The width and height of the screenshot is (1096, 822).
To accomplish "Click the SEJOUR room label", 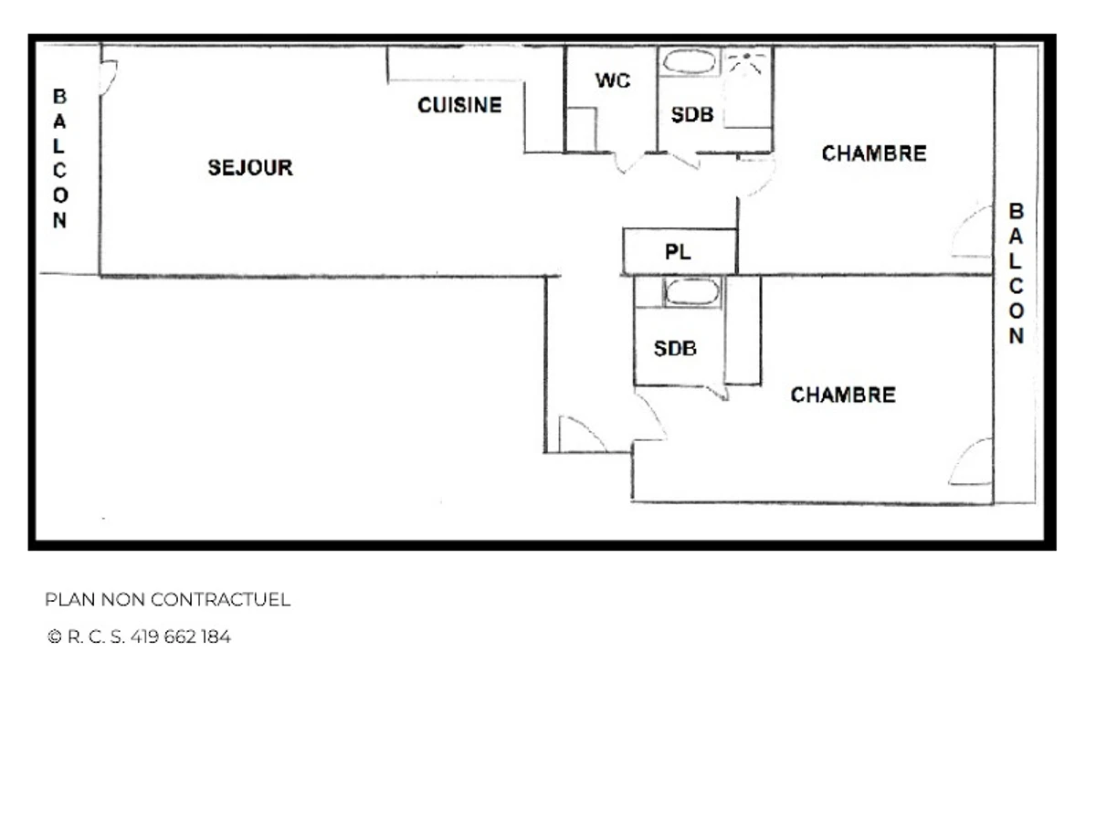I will (x=250, y=168).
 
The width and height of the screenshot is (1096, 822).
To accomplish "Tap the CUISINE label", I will (x=459, y=106).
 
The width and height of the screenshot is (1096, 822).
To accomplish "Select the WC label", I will (x=612, y=80).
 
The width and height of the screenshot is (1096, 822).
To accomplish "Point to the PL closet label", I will (x=678, y=252).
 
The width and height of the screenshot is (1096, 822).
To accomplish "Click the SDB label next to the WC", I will (x=691, y=115).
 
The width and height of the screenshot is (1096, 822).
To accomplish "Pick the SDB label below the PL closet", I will (x=675, y=349).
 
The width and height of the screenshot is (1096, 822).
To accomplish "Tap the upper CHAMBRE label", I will (x=874, y=153).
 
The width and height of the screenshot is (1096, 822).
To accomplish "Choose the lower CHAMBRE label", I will (x=842, y=395).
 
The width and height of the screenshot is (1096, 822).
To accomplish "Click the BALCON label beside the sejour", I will (x=59, y=158).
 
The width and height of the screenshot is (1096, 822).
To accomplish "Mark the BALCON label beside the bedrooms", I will (x=1016, y=273).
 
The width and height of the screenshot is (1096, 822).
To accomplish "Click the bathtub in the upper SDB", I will (x=690, y=63).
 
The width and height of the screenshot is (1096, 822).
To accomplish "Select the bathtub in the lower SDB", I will (x=691, y=292).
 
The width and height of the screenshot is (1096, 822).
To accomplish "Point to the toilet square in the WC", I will (x=581, y=129).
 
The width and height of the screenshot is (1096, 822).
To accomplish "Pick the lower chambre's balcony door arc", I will (x=970, y=463).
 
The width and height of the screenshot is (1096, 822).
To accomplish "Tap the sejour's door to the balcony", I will (x=108, y=77).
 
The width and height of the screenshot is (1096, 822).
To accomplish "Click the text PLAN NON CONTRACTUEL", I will (x=167, y=600).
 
